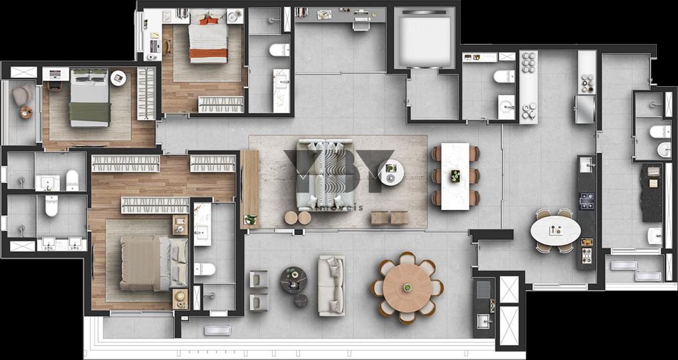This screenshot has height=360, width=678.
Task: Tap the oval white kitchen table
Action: [556, 231]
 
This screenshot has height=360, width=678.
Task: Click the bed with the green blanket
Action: [89, 97]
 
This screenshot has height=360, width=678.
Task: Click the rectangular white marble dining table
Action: [456, 176]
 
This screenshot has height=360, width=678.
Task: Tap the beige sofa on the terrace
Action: [331, 285]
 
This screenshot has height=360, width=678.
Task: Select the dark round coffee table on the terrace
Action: [293, 279]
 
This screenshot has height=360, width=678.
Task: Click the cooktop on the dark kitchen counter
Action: [587, 201]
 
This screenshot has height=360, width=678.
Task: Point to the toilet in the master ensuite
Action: [205, 269]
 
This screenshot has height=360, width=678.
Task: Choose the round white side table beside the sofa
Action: [391, 173]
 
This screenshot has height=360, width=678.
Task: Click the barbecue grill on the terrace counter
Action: [484, 289]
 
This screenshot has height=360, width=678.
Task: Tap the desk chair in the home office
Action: [362, 24]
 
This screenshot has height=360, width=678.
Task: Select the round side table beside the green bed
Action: [119, 78]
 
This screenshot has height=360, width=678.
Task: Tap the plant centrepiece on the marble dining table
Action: [456, 176]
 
